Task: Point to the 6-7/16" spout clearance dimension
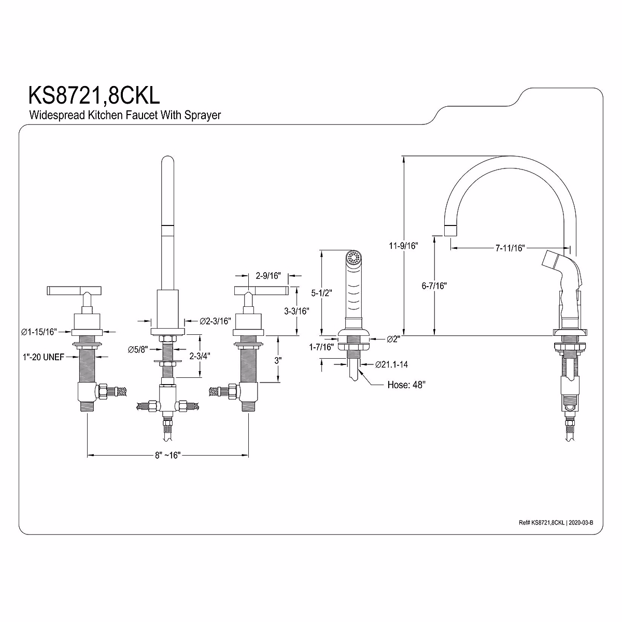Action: (x=434, y=286)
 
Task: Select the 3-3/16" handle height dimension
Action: (x=296, y=312)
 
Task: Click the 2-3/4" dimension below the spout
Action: (x=200, y=356)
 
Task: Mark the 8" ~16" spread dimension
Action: (x=167, y=455)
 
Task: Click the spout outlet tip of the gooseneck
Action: (x=450, y=230)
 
